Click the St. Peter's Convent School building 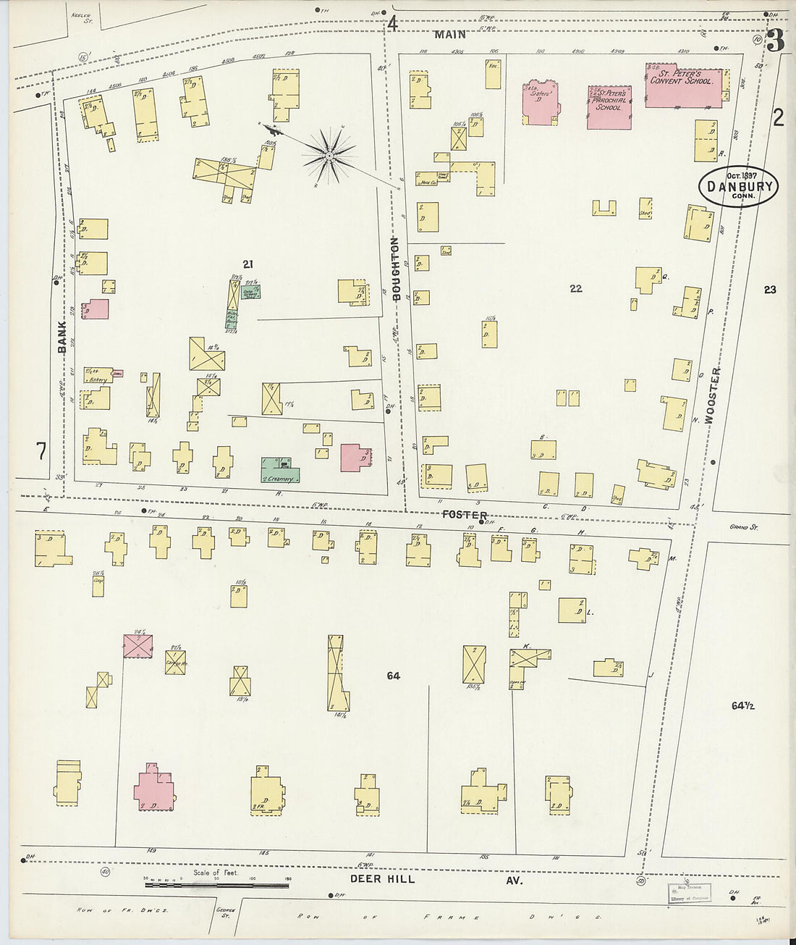pos(683,88)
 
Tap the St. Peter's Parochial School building pos(609,107)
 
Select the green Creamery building pos(280,471)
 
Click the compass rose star pos(329,155)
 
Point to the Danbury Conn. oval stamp pos(738,187)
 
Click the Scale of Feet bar pos(216,884)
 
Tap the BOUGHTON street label pos(396,268)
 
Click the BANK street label pos(62,337)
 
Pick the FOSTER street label pos(465,515)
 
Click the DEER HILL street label pos(383,879)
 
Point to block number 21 pos(248,264)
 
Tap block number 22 pos(575,288)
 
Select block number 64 pos(393,676)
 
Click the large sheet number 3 pos(775,41)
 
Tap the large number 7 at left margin pos(41,451)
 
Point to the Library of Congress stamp pos(688,893)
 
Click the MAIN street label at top pos(450,34)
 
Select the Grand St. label pos(742,528)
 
